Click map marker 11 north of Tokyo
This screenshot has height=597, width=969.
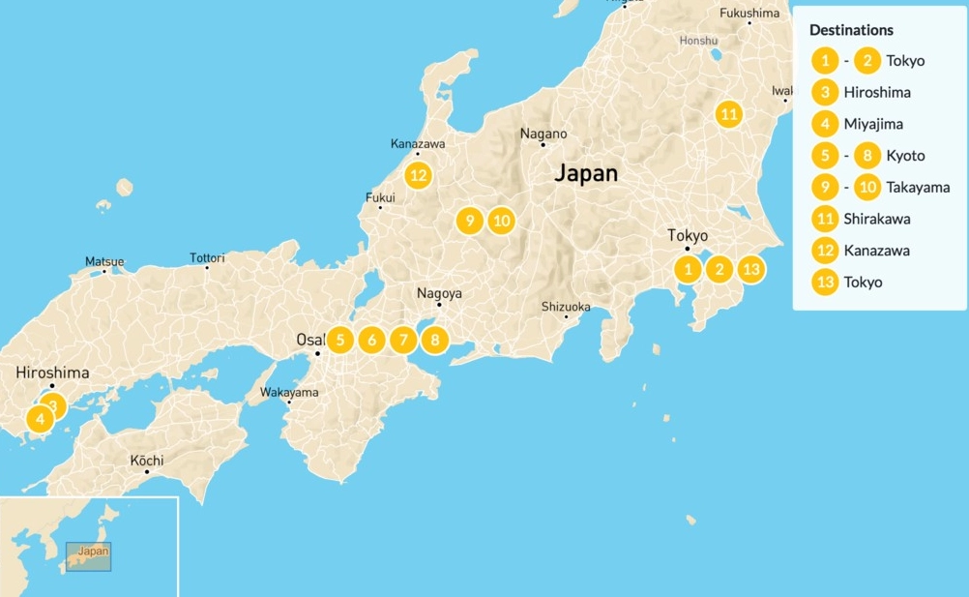729,114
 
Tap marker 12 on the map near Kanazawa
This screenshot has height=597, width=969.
418,175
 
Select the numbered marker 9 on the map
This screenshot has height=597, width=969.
469,221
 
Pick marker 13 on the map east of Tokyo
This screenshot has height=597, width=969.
750,269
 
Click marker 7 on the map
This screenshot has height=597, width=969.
403,340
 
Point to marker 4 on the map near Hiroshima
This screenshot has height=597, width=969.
40,419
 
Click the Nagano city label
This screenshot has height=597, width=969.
543,134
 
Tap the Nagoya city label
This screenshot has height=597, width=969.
439,293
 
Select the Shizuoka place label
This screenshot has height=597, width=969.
566,307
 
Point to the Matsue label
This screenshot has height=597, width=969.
104,261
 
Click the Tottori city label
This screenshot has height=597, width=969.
207,258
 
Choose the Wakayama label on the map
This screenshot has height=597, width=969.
289,393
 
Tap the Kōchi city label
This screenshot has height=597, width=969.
147,461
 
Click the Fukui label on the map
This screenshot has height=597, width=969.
380,197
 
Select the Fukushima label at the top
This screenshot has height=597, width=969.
749,14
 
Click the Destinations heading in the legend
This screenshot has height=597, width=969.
851,30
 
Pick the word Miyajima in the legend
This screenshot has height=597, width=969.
876,124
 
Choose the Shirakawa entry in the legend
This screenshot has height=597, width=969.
876,219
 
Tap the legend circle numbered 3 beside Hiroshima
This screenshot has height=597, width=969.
825,93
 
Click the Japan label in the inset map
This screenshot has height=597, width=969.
94,551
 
